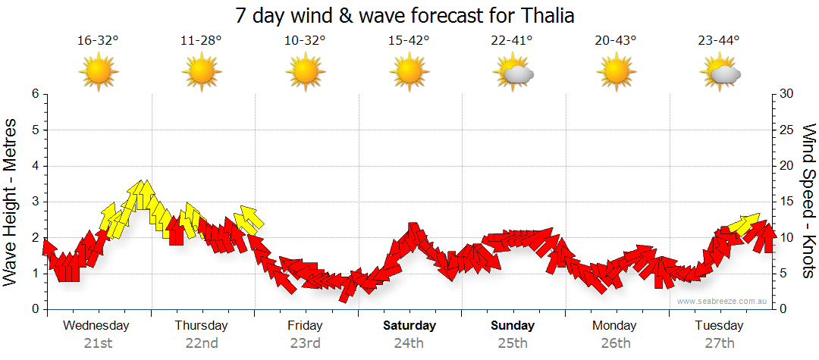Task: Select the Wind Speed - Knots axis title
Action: [808, 201]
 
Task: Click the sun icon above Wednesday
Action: [98, 73]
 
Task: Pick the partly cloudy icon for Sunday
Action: [513, 74]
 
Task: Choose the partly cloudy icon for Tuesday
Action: [720, 74]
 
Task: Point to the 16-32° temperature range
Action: [98, 41]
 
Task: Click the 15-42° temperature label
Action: [409, 41]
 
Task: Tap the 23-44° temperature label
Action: [719, 41]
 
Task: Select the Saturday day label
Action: [409, 326]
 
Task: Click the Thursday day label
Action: [201, 326]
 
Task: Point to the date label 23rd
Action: [305, 343]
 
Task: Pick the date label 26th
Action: [615, 343]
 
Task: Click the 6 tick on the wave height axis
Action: [35, 94]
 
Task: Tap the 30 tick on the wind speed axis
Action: [788, 94]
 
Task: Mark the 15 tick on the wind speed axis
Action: [788, 202]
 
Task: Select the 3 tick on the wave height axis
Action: [35, 202]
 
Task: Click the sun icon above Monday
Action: [616, 73]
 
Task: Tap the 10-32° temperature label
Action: [305, 41]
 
